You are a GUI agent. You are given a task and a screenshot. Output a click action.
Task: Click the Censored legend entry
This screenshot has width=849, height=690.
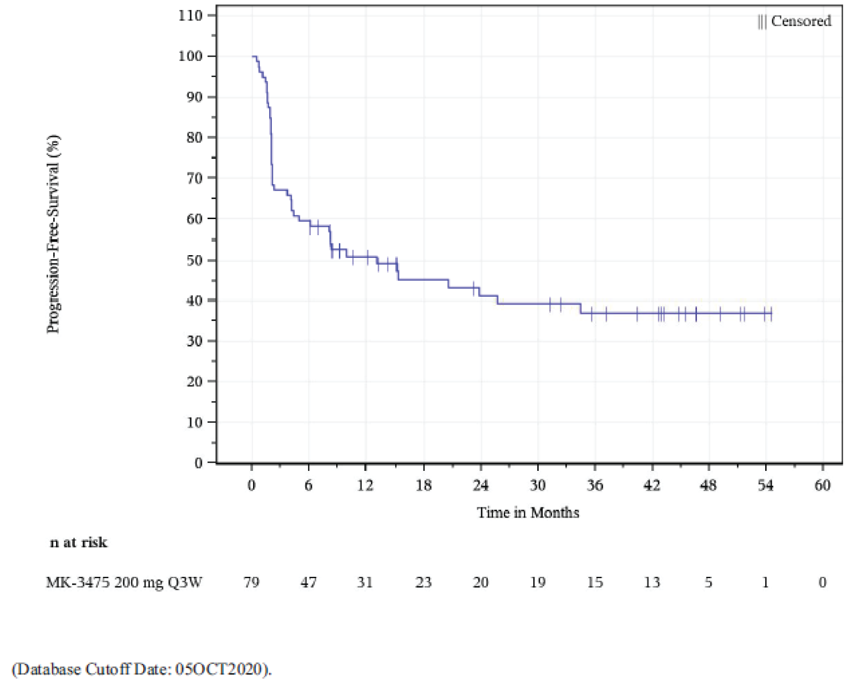pos(795,21)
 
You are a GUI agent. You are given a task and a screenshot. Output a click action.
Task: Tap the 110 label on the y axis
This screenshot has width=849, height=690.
pos(190,15)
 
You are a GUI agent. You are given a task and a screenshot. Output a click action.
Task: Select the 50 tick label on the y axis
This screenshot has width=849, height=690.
pos(194,260)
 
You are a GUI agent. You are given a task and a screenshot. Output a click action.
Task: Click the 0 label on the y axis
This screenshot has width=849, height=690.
pos(198,463)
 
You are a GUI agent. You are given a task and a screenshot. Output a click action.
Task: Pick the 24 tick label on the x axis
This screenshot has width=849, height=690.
pos(481,485)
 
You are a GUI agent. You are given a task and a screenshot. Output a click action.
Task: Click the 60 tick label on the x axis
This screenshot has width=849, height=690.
pos(822,485)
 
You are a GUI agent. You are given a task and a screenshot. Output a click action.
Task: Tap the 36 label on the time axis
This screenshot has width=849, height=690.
pos(594,485)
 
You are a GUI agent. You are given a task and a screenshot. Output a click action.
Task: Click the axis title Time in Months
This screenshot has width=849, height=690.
pos(528,513)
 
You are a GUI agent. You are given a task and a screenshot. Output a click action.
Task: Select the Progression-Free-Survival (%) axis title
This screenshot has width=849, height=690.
pos(53,234)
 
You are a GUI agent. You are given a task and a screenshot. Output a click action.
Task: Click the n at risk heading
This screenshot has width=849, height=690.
pos(78,542)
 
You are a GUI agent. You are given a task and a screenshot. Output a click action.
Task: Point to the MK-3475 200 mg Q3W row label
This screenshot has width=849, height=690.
pos(124,582)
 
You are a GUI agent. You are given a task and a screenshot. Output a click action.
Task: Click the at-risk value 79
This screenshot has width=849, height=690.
pos(251,582)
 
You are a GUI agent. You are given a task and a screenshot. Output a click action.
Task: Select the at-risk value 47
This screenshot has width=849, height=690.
pos(309,582)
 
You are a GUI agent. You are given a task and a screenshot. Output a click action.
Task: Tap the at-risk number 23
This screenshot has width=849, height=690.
pos(423,582)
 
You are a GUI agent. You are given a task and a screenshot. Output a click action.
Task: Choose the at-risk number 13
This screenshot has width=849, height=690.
pos(651,582)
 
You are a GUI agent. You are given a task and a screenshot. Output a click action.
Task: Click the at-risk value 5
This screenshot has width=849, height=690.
pos(709,582)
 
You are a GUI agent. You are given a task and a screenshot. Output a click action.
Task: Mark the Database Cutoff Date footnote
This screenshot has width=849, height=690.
pos(142,669)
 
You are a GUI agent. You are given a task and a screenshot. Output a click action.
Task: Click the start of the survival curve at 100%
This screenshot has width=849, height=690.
pos(253,56)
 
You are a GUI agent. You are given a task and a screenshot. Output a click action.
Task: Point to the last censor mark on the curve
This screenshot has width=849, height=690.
pos(771,314)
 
